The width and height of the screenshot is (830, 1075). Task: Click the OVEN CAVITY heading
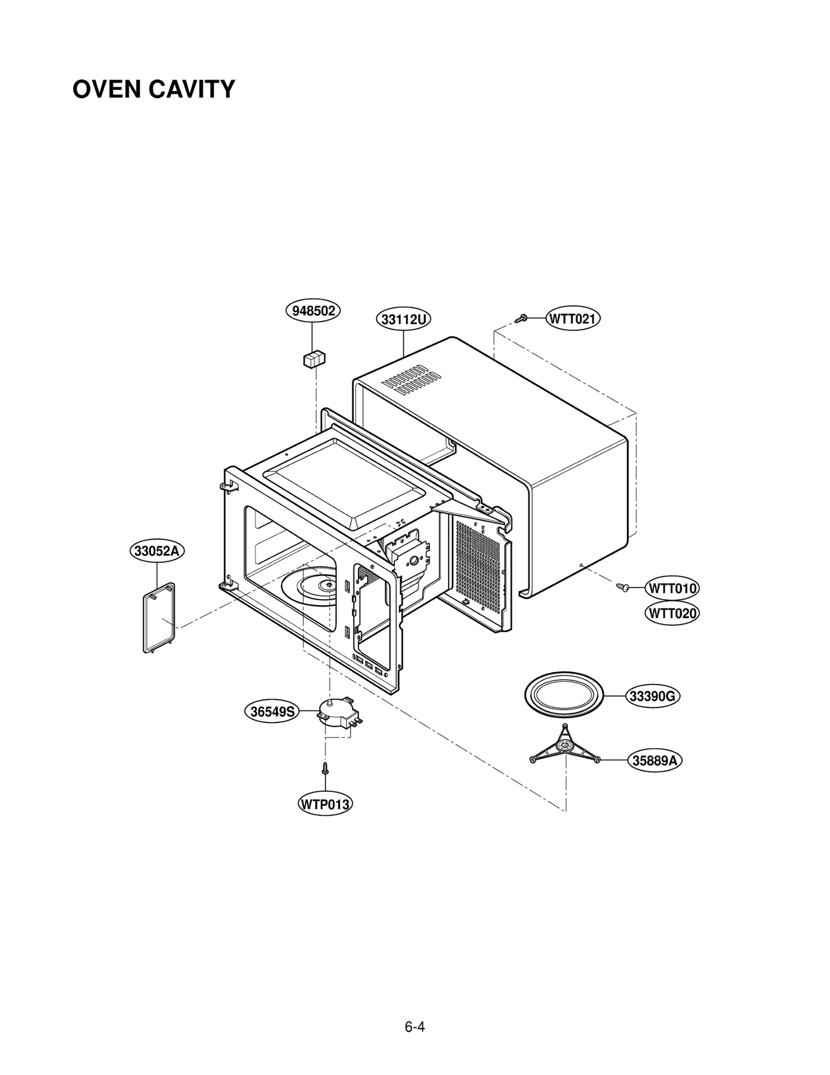pos(154,89)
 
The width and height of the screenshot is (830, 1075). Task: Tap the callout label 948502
pos(313,311)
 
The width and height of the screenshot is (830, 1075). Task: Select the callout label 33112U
pos(403,319)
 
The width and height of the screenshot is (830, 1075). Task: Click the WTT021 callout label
pos(573,318)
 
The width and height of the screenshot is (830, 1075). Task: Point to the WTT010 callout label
pos(672,589)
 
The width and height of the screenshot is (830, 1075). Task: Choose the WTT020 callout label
pos(672,613)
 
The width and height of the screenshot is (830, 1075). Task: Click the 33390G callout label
pos(653,696)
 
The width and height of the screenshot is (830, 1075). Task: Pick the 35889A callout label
pos(655,761)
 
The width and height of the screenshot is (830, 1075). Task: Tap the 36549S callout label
pos(272,711)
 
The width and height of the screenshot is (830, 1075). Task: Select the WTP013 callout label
pos(325,804)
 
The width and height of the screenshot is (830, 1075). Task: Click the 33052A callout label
pos(157,551)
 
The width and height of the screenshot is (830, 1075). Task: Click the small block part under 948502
pos(314,359)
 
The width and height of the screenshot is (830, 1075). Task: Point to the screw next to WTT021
pos(522,318)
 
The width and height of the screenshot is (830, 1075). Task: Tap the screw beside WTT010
pos(623,587)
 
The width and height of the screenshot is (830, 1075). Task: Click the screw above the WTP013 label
pos(325,769)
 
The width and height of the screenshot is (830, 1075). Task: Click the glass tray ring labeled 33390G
pos(564,695)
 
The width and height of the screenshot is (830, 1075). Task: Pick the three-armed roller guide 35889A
pos(565,746)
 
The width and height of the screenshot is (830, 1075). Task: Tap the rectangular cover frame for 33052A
pos(159,618)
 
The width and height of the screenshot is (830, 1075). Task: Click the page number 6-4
pos(415,1027)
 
